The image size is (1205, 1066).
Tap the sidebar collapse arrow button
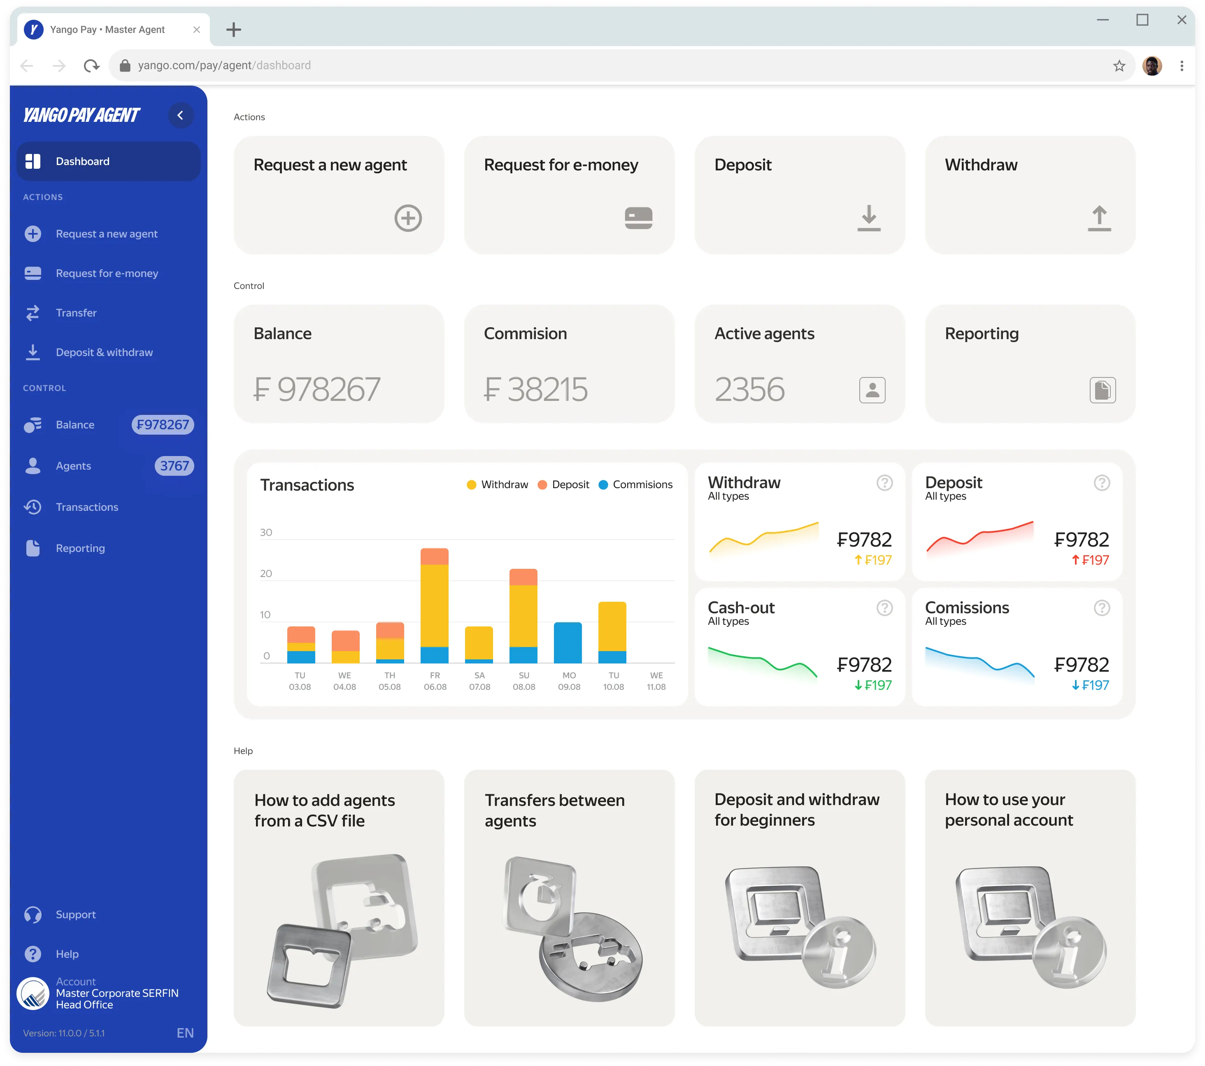180,116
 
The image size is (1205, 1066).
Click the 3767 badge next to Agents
174,466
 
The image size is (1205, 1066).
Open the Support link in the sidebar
75,915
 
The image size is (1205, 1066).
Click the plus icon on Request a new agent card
408,218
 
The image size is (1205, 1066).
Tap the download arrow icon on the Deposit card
868,218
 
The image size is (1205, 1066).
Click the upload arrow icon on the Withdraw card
1099,218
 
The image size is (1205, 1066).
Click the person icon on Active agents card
872,390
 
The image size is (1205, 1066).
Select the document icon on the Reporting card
1103,390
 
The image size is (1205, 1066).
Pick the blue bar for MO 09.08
568,642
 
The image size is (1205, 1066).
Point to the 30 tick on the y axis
266,533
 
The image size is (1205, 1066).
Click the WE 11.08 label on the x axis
656,681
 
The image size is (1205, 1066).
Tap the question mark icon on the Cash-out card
884,608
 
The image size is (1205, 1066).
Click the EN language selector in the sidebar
185,1033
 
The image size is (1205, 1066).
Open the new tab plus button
233,30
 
